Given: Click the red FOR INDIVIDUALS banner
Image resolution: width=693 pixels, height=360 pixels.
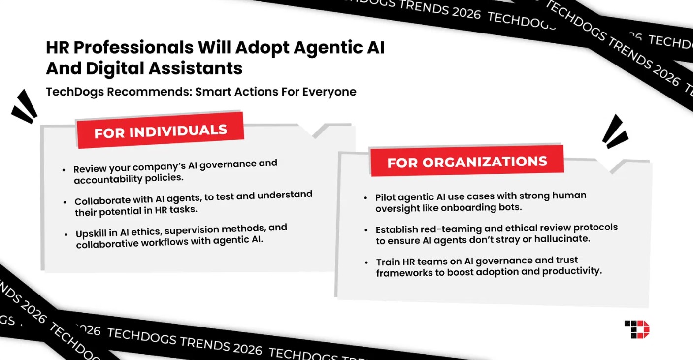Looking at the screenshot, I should (x=161, y=131).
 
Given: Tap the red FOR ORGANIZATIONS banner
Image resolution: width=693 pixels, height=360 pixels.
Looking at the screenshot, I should (x=467, y=162).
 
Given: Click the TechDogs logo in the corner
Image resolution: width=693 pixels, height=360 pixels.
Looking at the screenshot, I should (x=637, y=329).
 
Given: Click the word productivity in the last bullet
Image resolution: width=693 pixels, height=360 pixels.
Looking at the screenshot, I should (x=572, y=271).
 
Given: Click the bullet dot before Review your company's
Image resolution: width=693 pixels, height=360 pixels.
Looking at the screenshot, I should (x=64, y=169).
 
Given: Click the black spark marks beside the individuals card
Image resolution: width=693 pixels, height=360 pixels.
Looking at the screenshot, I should (x=25, y=107).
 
